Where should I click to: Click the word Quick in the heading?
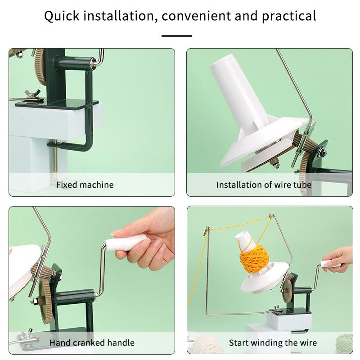[x=62, y=16]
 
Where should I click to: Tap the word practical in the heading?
[x=289, y=16]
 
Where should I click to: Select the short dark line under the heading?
[x=177, y=36]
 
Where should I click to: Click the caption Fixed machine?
[x=85, y=185]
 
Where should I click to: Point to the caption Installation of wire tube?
[x=264, y=185]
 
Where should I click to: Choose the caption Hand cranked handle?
[x=92, y=343]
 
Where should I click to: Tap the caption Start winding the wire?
[x=273, y=343]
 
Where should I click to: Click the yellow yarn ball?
[x=254, y=258]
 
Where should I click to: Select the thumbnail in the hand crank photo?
[x=114, y=234]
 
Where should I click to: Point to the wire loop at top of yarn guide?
[x=271, y=216]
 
